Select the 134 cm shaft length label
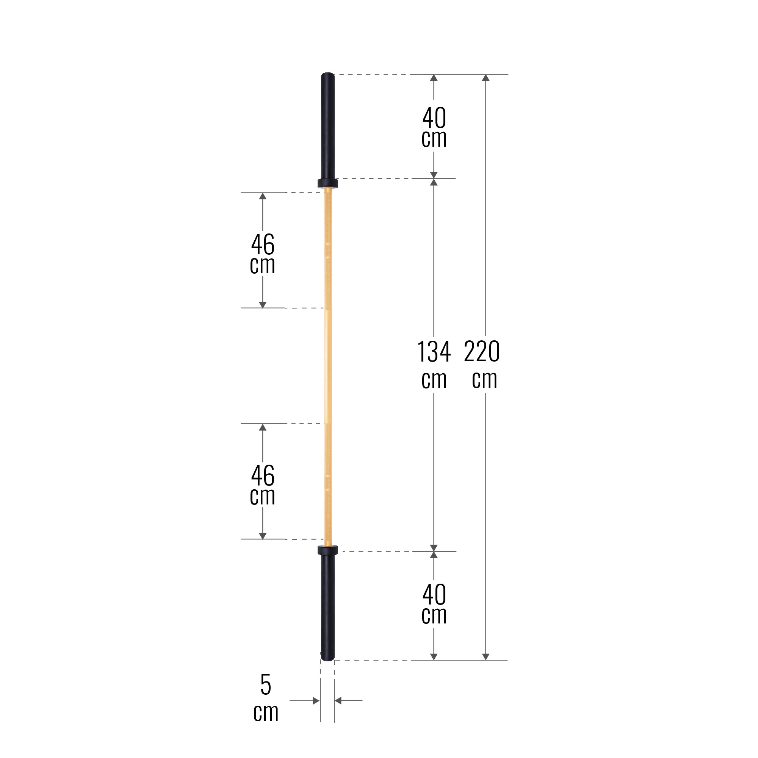pyautogui.click(x=434, y=365)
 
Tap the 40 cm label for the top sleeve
pyautogui.click(x=434, y=128)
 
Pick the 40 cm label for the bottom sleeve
pyautogui.click(x=434, y=604)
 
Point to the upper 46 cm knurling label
pyautogui.click(x=263, y=254)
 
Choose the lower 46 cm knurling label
pyautogui.click(x=263, y=485)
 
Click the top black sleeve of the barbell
pyautogui.click(x=327, y=125)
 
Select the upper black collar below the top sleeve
pyautogui.click(x=327, y=183)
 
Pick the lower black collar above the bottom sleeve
pyautogui.click(x=327, y=550)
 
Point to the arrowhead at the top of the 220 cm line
pyautogui.click(x=485, y=78)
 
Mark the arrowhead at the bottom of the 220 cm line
pyautogui.click(x=485, y=656)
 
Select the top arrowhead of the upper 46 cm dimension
pyautogui.click(x=263, y=196)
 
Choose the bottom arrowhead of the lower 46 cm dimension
pyautogui.click(x=263, y=536)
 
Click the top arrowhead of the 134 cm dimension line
pyautogui.click(x=434, y=182)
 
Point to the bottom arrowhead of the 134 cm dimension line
pyautogui.click(x=434, y=548)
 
